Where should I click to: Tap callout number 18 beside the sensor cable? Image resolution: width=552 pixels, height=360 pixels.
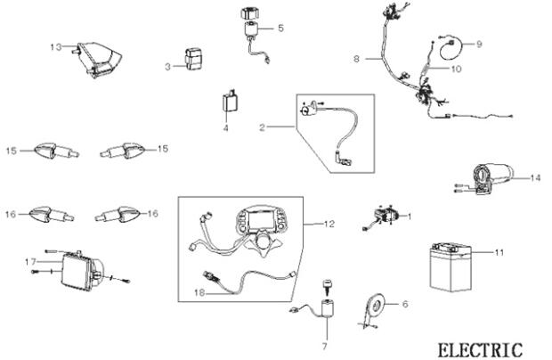pyautogui.click(x=187, y=291)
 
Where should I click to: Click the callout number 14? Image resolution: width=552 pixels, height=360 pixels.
pyautogui.click(x=535, y=177)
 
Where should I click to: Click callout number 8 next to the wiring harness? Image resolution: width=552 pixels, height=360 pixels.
pyautogui.click(x=356, y=59)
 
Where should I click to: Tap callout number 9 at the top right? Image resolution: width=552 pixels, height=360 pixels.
pyautogui.click(x=478, y=43)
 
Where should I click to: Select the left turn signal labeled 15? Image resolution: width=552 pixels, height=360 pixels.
pyautogui.click(x=55, y=151)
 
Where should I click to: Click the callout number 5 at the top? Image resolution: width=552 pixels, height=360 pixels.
pyautogui.click(x=281, y=28)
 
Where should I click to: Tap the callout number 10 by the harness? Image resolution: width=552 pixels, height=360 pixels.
pyautogui.click(x=455, y=68)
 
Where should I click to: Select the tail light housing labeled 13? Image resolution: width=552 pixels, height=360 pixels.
pyautogui.click(x=96, y=59)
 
